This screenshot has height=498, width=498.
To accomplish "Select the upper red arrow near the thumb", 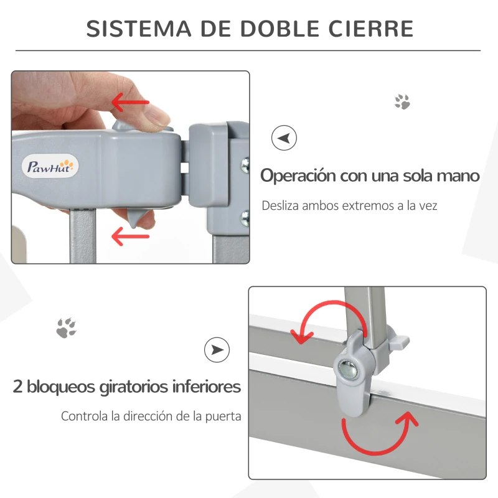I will coord(130,101).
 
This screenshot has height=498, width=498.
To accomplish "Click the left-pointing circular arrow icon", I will coord(284,138).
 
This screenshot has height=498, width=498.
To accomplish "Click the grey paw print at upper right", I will coord(402,102).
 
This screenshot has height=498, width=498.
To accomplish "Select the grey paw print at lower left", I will coord(66,327).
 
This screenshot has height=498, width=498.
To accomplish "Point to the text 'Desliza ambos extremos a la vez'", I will coord(349,205).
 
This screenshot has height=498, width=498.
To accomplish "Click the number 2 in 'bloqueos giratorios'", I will coord(18,387).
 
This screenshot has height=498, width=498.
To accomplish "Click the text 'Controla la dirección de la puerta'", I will coord(151,416).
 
